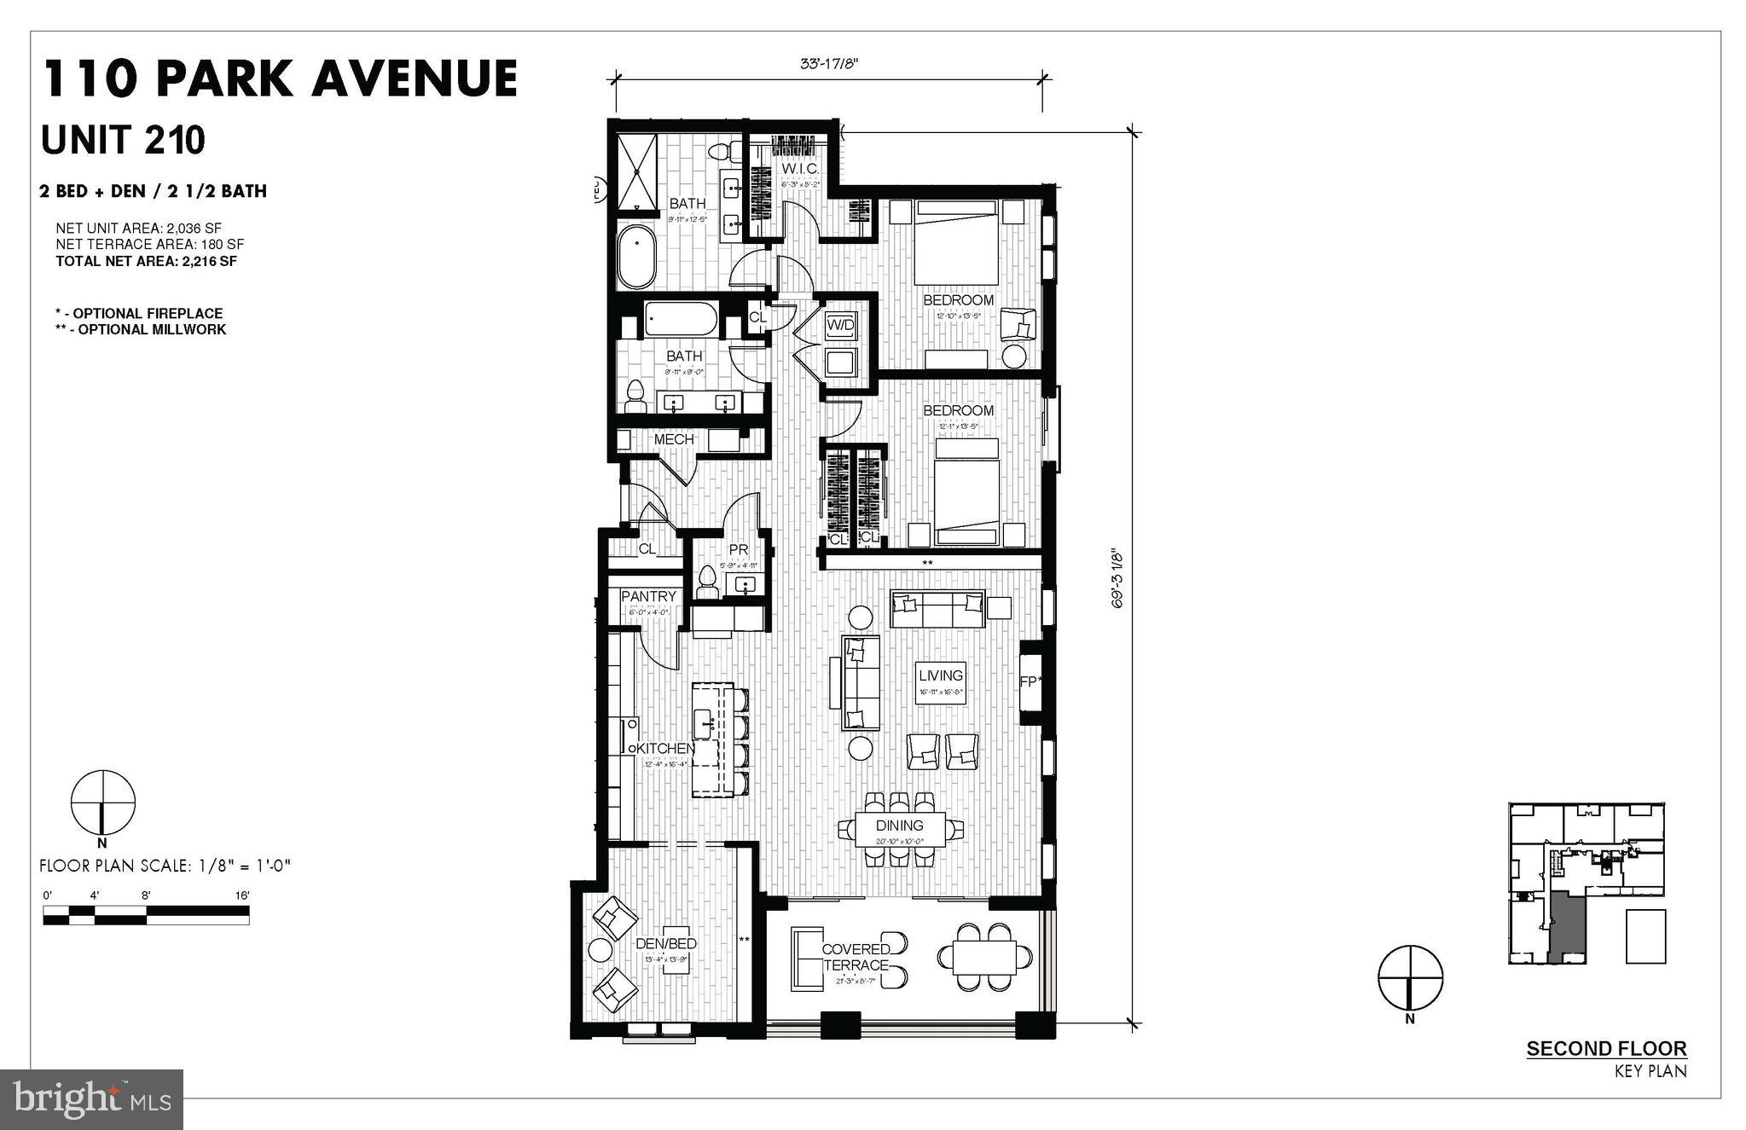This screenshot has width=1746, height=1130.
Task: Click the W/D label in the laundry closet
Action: pyautogui.click(x=840, y=325)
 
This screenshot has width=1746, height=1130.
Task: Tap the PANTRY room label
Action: pyautogui.click(x=648, y=596)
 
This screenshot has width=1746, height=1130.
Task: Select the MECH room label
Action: pyautogui.click(x=674, y=439)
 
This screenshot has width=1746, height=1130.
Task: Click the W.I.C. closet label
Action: pyautogui.click(x=800, y=169)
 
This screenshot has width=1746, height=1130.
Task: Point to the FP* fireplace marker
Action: pyautogui.click(x=1030, y=682)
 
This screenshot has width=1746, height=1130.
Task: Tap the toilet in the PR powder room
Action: pyautogui.click(x=706, y=584)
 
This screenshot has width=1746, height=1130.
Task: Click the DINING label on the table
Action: pyautogui.click(x=899, y=826)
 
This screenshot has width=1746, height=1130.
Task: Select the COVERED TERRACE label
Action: pyautogui.click(x=856, y=957)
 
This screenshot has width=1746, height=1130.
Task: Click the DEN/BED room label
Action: pyautogui.click(x=666, y=943)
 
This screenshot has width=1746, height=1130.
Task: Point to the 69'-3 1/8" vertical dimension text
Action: pyautogui.click(x=1118, y=580)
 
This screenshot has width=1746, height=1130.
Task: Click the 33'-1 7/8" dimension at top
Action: pyautogui.click(x=829, y=63)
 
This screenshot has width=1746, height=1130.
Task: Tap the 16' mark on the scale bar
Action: pyautogui.click(x=242, y=895)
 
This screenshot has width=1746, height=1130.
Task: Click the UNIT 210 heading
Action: pyautogui.click(x=124, y=140)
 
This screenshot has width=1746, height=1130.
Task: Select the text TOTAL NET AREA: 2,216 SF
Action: pyautogui.click(x=146, y=261)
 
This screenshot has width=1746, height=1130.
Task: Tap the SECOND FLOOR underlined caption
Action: pyautogui.click(x=1606, y=1049)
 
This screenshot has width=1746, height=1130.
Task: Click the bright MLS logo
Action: pyautogui.click(x=92, y=1099)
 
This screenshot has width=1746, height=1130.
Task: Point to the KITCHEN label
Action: pyautogui.click(x=665, y=749)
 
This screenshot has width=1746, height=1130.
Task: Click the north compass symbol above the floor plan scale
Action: pyautogui.click(x=103, y=803)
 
